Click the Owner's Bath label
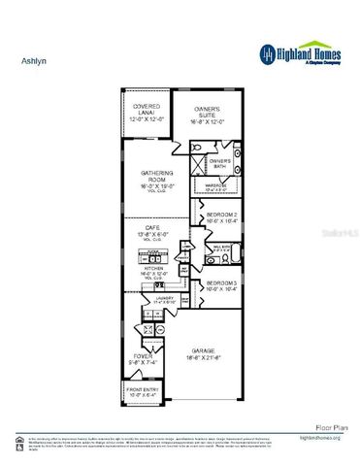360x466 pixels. coord(219,161)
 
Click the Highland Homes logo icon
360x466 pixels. coord(266,53)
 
